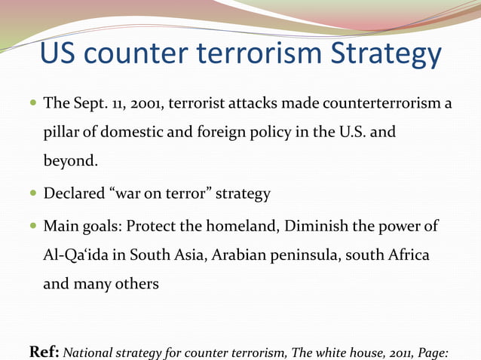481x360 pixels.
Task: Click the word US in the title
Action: coord(60,54)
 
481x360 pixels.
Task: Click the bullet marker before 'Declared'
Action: coord(31,194)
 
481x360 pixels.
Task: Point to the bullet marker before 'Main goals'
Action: coord(31,227)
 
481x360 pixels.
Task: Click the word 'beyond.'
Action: coord(71,161)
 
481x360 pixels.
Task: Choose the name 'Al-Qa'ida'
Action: coord(74,255)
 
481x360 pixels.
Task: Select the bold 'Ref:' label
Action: coord(44,350)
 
